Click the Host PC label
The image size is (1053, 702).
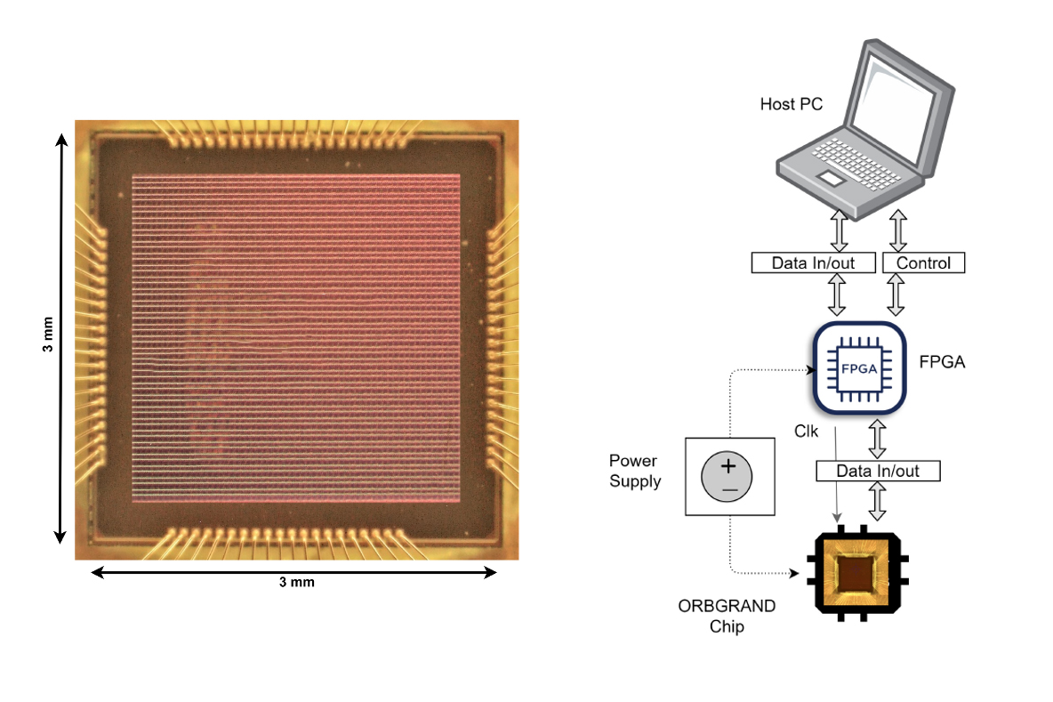[x=791, y=105]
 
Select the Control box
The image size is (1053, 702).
[x=923, y=262]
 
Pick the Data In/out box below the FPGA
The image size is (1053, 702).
[x=877, y=471]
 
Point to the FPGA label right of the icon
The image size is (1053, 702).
[x=941, y=363]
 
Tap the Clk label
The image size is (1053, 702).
[x=806, y=432]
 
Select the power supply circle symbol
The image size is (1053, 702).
[x=728, y=475]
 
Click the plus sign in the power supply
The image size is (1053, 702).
[x=728, y=465]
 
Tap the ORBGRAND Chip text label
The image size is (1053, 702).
[x=727, y=616]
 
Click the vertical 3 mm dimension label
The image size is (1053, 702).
[x=47, y=335]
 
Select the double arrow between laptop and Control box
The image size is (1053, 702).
[x=897, y=230]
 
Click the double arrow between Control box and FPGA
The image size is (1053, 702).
[x=896, y=295]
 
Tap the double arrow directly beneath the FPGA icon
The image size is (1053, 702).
[x=878, y=439]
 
